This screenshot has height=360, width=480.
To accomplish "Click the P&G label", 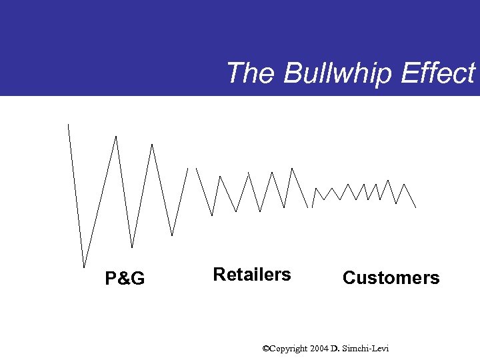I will (x=125, y=279).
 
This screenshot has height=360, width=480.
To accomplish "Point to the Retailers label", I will (x=251, y=275).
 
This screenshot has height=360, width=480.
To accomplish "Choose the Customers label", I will (x=391, y=278).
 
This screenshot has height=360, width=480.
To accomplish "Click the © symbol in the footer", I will (x=265, y=349).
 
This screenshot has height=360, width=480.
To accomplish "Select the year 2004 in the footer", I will (x=319, y=349).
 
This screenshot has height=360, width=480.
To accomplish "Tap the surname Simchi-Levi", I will (x=365, y=349).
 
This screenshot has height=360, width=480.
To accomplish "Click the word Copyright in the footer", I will (x=289, y=349).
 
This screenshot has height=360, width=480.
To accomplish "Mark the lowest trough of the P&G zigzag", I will (x=84, y=267).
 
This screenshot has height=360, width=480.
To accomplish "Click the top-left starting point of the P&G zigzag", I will (x=68, y=125).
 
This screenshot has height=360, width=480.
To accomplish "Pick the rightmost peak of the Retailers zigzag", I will (x=292, y=168).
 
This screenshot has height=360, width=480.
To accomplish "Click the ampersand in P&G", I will (x=124, y=279).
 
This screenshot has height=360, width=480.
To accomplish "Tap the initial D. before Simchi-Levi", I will (x=335, y=349).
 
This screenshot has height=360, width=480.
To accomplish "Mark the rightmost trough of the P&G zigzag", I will (x=172, y=235).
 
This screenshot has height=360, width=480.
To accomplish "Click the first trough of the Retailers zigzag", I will (x=212, y=215).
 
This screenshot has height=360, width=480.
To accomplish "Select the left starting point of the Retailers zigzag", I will (x=196, y=168).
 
